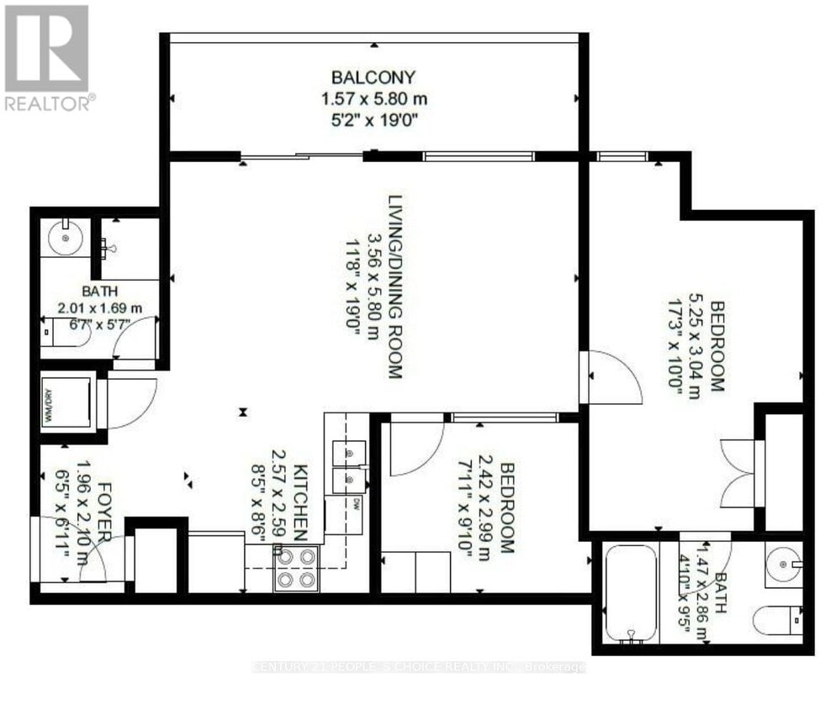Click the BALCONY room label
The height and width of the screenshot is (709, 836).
click(373, 78)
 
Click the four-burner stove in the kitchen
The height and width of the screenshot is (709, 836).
click(296, 569)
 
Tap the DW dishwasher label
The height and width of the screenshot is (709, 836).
click(356, 505)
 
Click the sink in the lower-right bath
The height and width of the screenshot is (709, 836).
click(784, 564)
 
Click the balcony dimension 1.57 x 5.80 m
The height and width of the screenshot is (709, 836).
click(373, 99)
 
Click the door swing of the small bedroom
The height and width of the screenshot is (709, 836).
click(417, 449)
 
